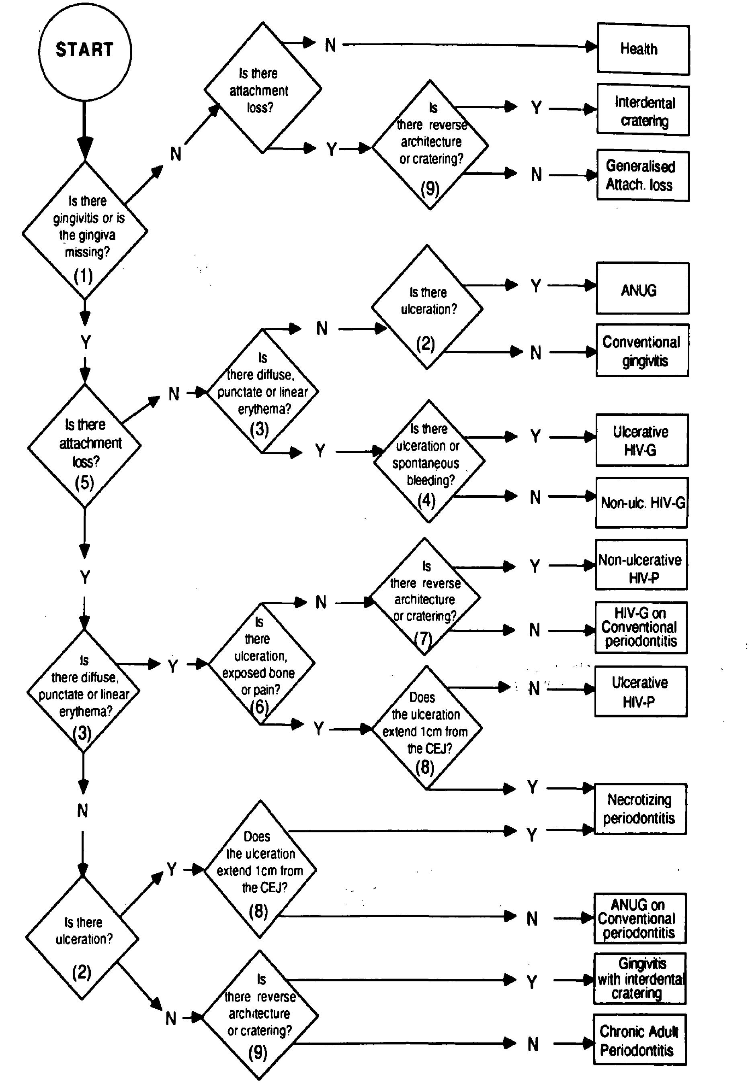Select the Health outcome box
[643, 49]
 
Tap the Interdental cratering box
[643, 111]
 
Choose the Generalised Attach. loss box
[642, 175]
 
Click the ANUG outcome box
[642, 288]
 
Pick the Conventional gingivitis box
[642, 350]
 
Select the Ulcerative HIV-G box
[641, 440]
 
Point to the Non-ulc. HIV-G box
[641, 503]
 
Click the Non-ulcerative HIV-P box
[641, 564]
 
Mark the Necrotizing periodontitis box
[640, 809]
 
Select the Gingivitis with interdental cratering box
[639, 979]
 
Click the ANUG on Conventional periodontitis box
[639, 919]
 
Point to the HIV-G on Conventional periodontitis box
[641, 627]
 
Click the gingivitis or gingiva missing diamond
[85, 230]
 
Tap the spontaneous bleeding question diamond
[428, 461]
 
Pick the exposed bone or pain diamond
[261, 664]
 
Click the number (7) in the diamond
[423, 638]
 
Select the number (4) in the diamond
[426, 500]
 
